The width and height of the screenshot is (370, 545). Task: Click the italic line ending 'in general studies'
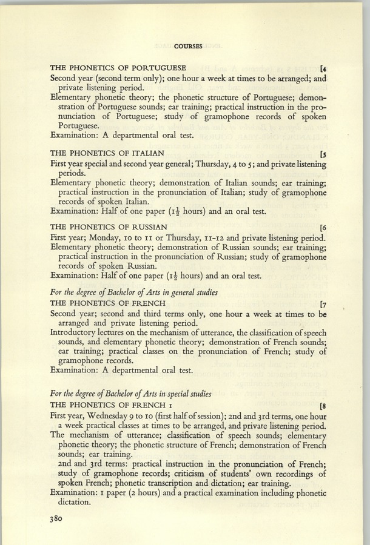click(133, 292)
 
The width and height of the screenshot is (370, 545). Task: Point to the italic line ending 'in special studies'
click(131, 394)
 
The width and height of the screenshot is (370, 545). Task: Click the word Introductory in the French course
click(76, 332)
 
